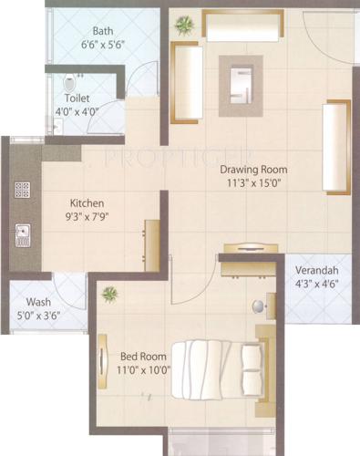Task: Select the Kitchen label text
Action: (88, 202)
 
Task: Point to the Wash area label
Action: (38, 301)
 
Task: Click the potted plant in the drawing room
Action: (185, 24)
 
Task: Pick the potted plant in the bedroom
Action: (109, 294)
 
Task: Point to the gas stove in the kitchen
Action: (20, 191)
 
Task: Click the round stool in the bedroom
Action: (258, 306)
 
